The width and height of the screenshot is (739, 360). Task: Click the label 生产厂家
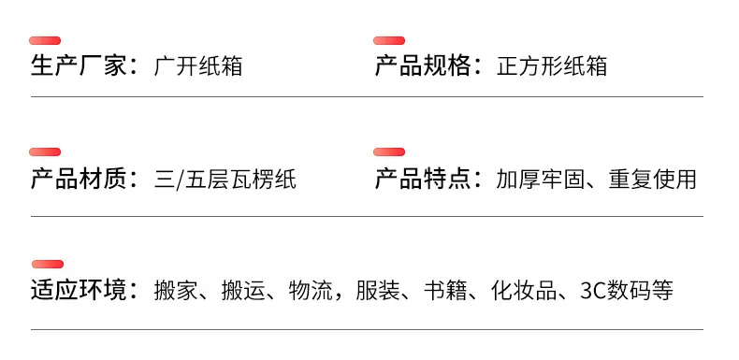coord(79,65)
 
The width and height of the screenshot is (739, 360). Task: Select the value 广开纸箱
coord(198,65)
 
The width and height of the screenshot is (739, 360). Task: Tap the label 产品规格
coord(423,65)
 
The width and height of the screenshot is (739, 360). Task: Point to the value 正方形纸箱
coord(552,65)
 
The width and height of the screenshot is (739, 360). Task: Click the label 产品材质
coord(79,180)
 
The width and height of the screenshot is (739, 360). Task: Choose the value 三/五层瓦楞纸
coord(225,180)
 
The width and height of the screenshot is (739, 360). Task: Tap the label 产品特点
coord(423,180)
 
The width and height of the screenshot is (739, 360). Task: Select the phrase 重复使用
coord(652,180)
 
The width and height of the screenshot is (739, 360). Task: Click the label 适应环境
coord(79,290)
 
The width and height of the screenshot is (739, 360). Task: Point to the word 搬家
coord(176,290)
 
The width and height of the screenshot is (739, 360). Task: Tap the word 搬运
coord(243,290)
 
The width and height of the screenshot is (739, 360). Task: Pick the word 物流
coord(311,290)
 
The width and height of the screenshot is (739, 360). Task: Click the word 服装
coord(378,290)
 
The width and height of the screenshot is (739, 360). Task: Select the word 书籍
coord(445,290)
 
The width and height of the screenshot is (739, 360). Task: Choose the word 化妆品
coord(524,290)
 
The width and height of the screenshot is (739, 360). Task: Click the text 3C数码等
coord(627,290)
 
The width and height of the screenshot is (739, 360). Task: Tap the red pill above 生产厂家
coord(45,40)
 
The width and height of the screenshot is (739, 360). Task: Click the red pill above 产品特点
coord(389,151)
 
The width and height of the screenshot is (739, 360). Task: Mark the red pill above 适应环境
coord(48,264)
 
